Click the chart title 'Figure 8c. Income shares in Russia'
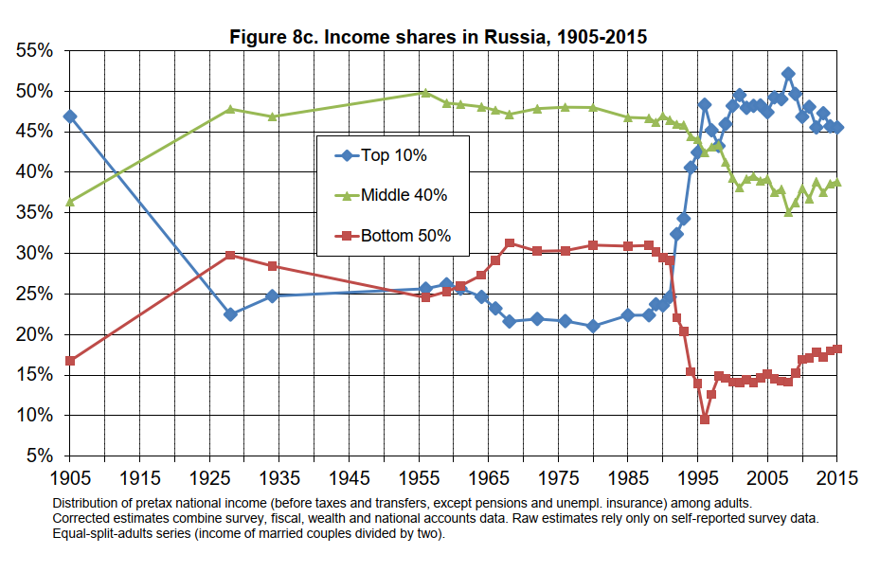pyautogui.click(x=439, y=38)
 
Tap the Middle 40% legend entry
pyautogui.click(x=402, y=195)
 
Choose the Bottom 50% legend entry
pyautogui.click(x=402, y=236)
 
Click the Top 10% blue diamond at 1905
pyautogui.click(x=70, y=116)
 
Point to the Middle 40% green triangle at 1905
pyautogui.click(x=70, y=202)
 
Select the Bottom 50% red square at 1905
pyautogui.click(x=70, y=361)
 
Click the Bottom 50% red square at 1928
pyautogui.click(x=230, y=256)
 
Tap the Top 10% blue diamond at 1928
pyautogui.click(x=230, y=314)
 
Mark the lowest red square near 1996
pyautogui.click(x=705, y=420)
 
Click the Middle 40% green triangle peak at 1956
pyautogui.click(x=425, y=92)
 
